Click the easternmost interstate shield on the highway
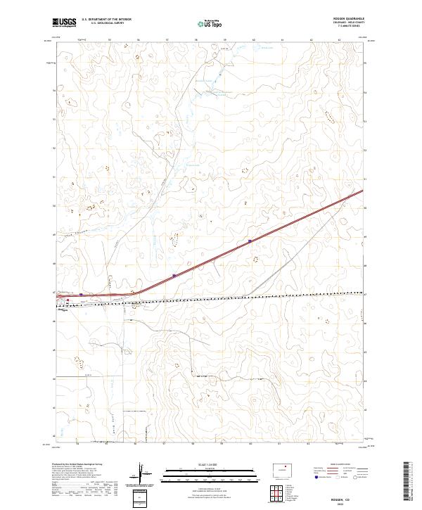(250, 241)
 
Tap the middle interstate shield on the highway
(174, 275)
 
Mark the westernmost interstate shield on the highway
(82, 295)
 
